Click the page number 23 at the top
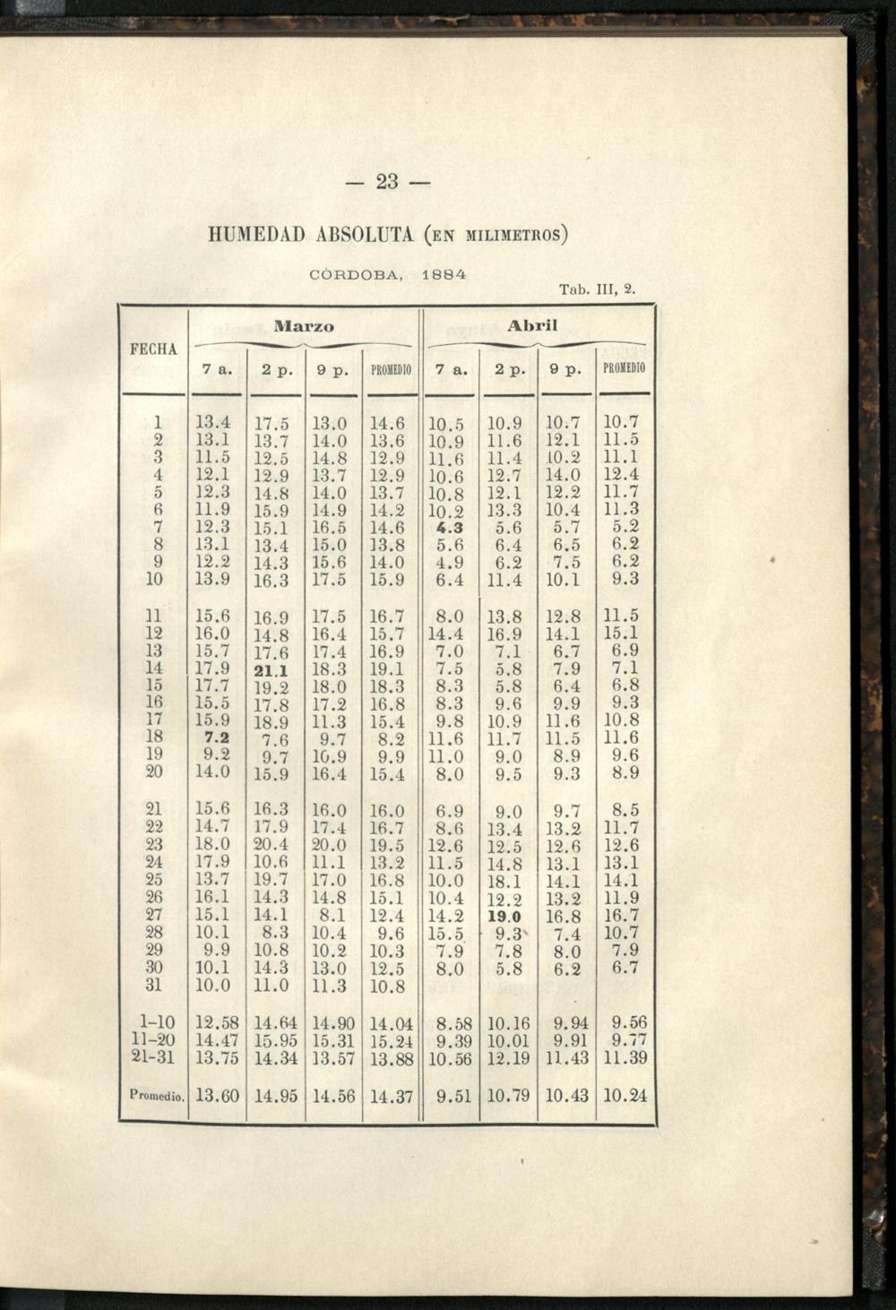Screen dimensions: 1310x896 [x=387, y=182]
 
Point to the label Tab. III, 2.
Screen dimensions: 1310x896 [x=597, y=289]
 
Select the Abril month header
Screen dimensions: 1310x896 [x=532, y=326]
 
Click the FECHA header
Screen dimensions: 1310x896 [x=154, y=349]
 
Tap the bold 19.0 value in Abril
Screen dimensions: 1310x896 [x=504, y=917]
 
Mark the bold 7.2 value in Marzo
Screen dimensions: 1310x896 [x=214, y=737]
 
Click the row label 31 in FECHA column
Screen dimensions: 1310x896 [x=153, y=985]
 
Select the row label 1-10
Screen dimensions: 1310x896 [x=154, y=1022]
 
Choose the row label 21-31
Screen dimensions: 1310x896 [x=154, y=1057]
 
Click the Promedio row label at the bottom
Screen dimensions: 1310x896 [x=154, y=1095]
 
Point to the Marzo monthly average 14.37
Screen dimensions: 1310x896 [x=390, y=1095]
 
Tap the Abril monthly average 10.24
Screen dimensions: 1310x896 [x=625, y=1095]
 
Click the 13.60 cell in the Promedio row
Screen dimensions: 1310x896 [x=218, y=1095]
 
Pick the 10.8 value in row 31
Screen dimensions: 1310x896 [x=388, y=987]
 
